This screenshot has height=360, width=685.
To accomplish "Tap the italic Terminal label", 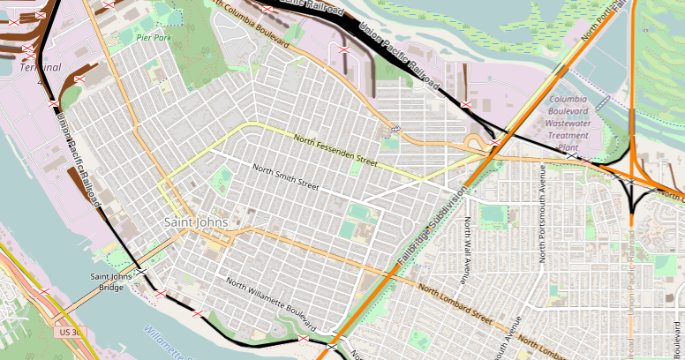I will (x=40, y=67).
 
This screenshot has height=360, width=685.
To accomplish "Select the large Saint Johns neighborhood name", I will (x=196, y=222).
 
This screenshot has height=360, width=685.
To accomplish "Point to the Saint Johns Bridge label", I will (x=111, y=281).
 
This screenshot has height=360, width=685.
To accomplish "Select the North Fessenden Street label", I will (x=335, y=152).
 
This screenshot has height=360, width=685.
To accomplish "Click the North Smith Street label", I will (x=285, y=177).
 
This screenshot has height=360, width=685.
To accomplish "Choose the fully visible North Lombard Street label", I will (x=455, y=303).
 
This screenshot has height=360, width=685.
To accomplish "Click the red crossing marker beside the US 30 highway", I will (x=43, y=290).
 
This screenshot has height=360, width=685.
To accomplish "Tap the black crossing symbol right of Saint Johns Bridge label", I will (x=140, y=273).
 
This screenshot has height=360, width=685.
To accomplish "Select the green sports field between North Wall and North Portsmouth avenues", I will (x=495, y=214).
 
